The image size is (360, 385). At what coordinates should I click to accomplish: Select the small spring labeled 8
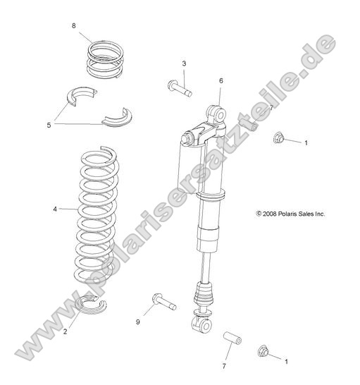[105, 57]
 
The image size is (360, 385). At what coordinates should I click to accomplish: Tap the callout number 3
[184, 64]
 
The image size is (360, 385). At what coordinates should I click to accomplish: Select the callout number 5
[49, 125]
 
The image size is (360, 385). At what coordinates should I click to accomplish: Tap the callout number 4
[54, 209]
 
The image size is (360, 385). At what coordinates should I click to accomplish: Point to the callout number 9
[139, 322]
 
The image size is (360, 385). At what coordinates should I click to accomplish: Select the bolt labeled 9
[163, 302]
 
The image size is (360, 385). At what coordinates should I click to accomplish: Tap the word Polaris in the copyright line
[296, 212]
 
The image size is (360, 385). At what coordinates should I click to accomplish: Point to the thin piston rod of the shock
[205, 268]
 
